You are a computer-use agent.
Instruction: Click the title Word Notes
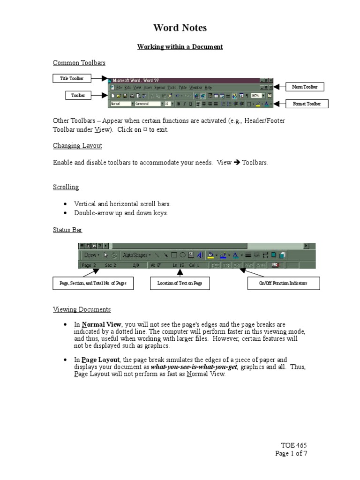click(x=180, y=28)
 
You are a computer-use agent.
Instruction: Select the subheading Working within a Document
click(x=180, y=47)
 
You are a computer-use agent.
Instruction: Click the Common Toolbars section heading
click(x=79, y=63)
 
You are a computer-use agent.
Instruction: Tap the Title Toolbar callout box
click(x=72, y=79)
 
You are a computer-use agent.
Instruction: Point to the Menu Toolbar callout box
click(x=304, y=87)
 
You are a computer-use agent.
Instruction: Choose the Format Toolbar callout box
click(x=307, y=104)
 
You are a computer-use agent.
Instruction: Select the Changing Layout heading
click(x=77, y=146)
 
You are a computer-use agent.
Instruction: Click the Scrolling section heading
click(x=66, y=187)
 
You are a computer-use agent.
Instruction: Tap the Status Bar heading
click(x=67, y=230)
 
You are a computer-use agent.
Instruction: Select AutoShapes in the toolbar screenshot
click(x=135, y=255)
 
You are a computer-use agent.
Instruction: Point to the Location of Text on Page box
click(x=180, y=284)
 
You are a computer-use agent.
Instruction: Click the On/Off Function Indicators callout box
click(x=283, y=284)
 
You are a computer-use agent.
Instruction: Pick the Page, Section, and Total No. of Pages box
click(x=93, y=284)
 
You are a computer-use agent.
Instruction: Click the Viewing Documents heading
click(x=82, y=309)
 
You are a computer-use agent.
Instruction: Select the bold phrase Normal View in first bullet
click(x=102, y=324)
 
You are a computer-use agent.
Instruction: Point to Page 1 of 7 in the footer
click(x=291, y=453)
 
